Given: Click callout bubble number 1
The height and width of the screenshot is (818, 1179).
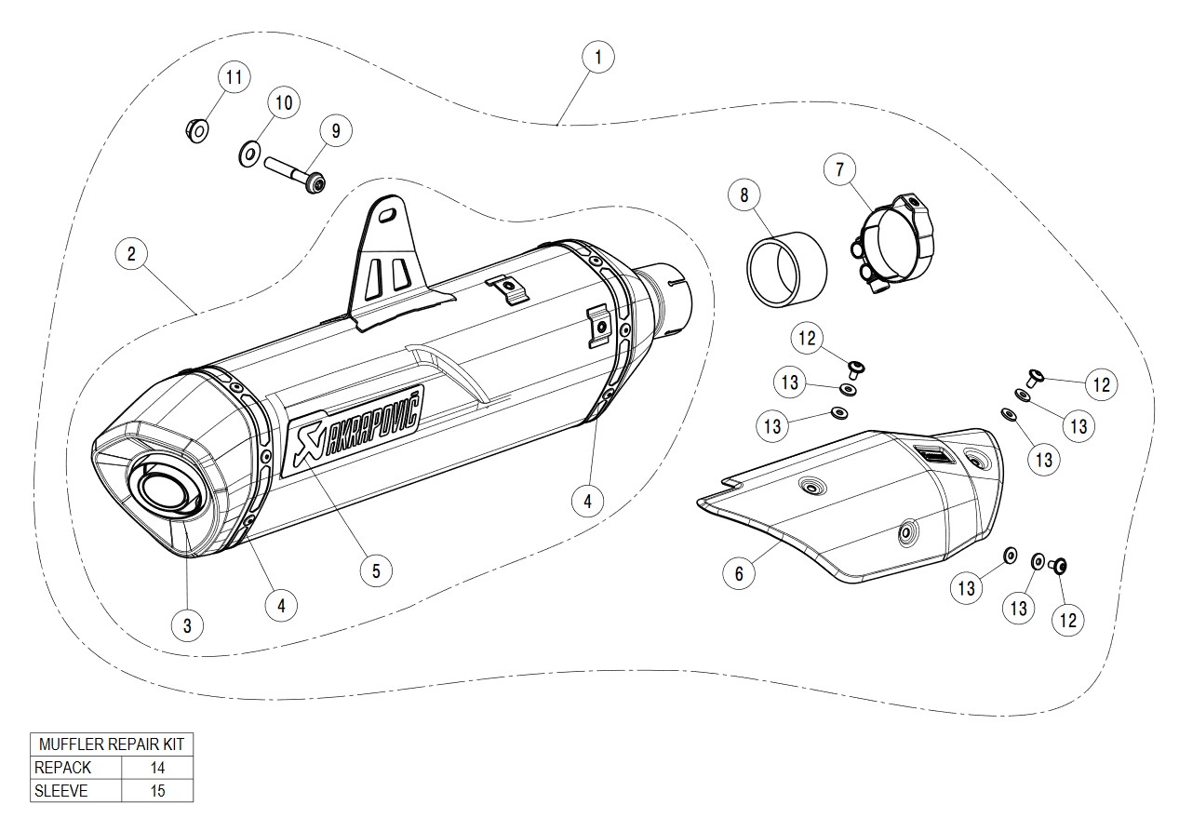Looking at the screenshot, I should [x=597, y=57].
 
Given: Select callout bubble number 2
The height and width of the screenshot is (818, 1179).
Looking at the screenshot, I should [x=132, y=253].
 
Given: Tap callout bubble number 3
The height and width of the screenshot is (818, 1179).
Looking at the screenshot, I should [x=187, y=625].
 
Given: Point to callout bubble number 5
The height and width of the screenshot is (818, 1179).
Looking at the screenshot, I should [x=376, y=570].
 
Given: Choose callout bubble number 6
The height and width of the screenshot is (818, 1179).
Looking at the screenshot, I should [x=739, y=572].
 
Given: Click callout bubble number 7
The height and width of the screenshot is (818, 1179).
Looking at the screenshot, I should [x=839, y=169].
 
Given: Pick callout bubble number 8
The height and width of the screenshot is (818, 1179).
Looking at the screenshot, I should [x=744, y=195].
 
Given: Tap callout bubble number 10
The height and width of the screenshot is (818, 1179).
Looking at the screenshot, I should [x=284, y=101].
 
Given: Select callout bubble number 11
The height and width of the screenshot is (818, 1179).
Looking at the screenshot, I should [x=234, y=76].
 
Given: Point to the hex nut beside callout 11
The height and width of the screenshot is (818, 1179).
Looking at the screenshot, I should [x=197, y=130].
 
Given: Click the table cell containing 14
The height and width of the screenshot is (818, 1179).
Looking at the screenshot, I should [x=156, y=768].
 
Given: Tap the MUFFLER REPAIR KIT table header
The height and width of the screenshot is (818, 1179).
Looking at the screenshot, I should [x=112, y=744].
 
